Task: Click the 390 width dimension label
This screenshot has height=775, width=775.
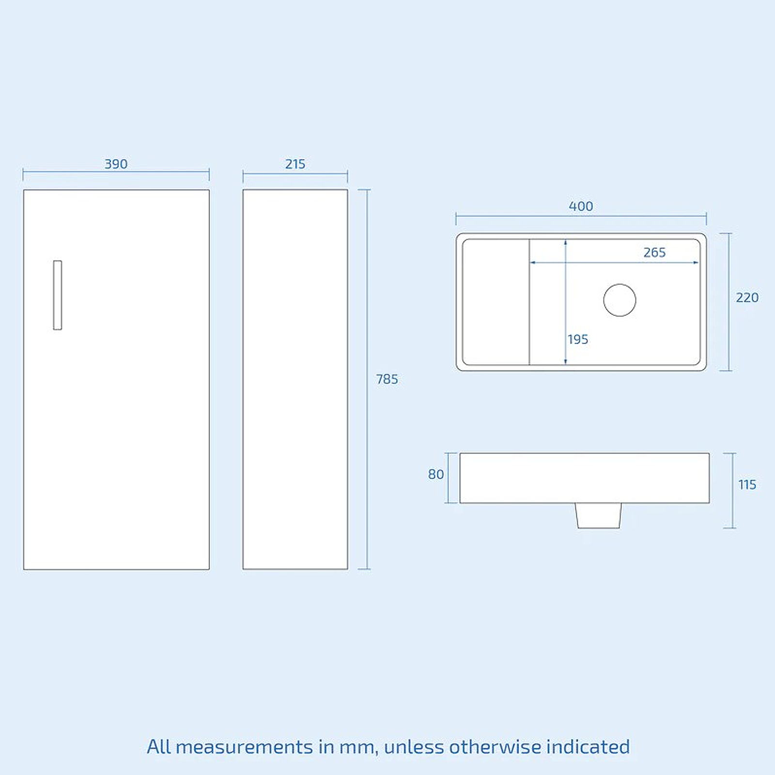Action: click(x=116, y=164)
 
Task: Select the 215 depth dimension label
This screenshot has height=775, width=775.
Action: click(x=295, y=164)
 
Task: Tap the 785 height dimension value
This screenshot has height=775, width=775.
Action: click(x=387, y=379)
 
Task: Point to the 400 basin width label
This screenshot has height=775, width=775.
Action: click(x=581, y=206)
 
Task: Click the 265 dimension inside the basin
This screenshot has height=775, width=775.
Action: click(x=654, y=252)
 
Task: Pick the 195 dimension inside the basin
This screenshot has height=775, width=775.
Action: click(x=578, y=340)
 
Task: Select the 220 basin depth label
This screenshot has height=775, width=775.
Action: click(x=747, y=298)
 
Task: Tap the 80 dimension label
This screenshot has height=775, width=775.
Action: click(x=436, y=475)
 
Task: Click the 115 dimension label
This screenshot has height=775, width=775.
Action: click(x=747, y=485)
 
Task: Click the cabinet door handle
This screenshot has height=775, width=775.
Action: click(x=58, y=295)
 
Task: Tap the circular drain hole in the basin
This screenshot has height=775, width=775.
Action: click(x=620, y=300)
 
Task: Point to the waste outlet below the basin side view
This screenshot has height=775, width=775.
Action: click(x=598, y=515)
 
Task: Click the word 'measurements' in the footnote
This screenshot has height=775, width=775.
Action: click(x=245, y=747)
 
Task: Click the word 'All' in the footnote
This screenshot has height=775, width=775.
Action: click(x=159, y=747)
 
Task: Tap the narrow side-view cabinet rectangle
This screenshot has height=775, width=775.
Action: click(x=295, y=379)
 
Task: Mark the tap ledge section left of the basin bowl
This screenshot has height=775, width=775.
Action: click(x=496, y=302)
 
